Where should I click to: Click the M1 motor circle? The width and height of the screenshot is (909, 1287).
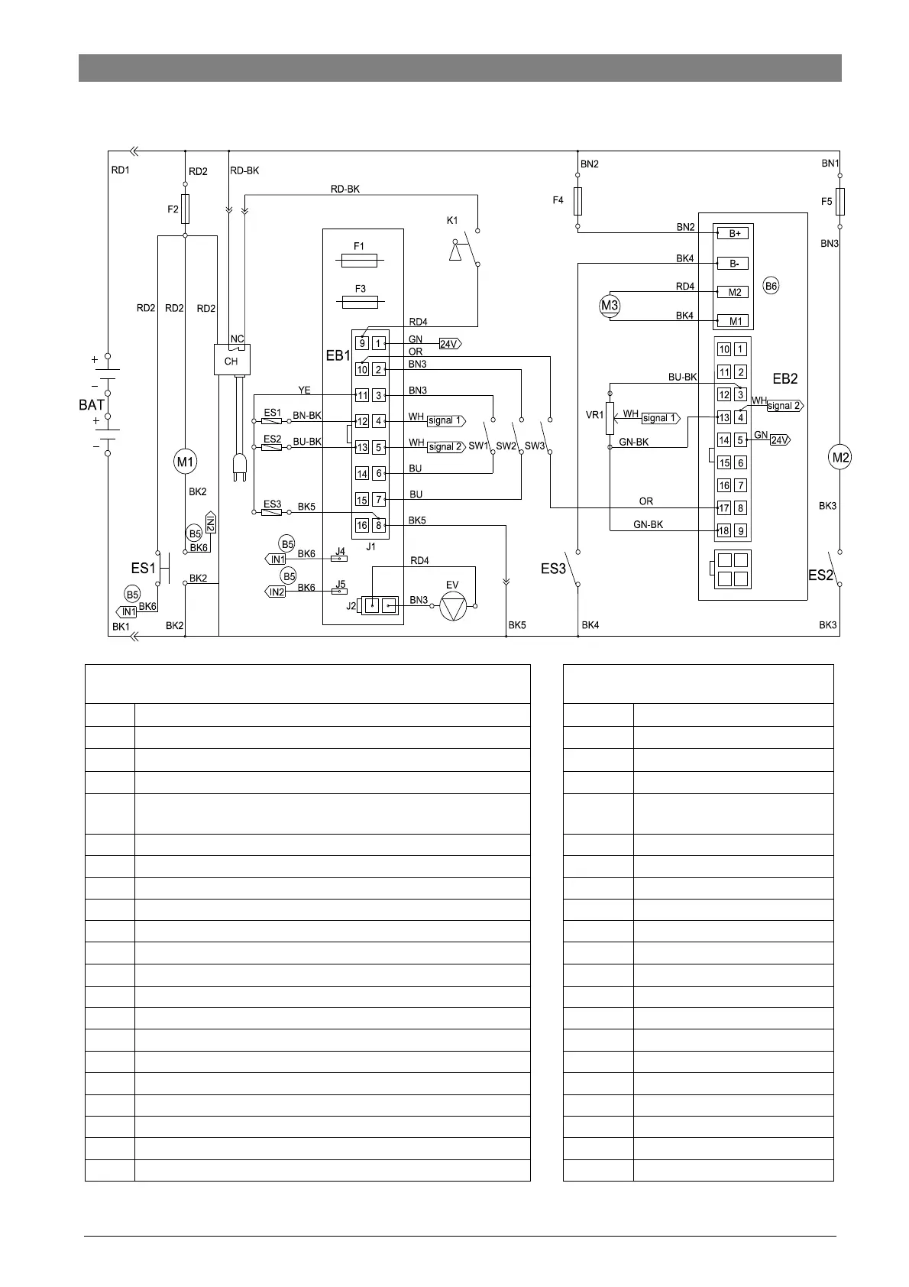coord(185,462)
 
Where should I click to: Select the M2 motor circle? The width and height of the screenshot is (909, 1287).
coord(839,458)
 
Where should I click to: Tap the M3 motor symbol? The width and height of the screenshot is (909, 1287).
coord(609,306)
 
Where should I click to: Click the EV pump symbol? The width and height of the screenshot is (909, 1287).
coord(453,606)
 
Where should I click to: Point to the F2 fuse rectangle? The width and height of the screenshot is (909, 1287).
coord(185,209)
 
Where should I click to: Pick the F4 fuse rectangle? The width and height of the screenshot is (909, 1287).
coord(577,200)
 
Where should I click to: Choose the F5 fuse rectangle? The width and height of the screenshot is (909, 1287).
coord(839,202)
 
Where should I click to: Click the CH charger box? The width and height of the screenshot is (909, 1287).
coord(231,360)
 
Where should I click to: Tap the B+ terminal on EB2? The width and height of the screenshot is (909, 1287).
coord(733,234)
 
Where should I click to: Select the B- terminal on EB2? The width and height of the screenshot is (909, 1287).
coord(733,264)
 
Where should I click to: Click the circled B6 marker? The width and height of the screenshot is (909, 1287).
coord(772,286)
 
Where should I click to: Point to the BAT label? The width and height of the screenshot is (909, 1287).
coord(92,405)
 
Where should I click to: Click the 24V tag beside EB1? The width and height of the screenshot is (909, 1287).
coord(449,344)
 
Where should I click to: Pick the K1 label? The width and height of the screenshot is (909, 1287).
coord(452,221)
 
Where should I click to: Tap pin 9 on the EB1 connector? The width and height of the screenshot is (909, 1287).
coord(362,344)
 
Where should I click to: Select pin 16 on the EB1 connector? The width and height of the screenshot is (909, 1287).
coord(362,525)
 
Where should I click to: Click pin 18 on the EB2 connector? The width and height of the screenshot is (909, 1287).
coord(724,530)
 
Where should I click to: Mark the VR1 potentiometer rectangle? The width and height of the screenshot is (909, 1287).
coord(610,418)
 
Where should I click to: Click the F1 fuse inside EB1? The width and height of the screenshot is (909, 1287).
coord(360,261)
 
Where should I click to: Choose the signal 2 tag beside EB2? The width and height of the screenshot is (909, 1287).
coord(784,406)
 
